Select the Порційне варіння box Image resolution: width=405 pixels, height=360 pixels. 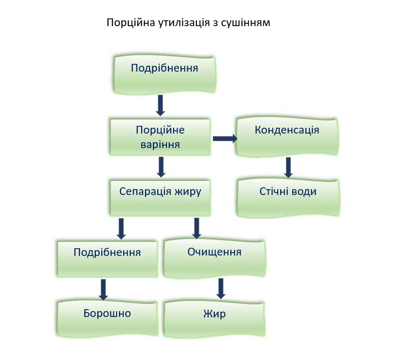pyautogui.click(x=161, y=137)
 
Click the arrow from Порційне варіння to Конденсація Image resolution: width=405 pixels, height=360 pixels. pyautogui.click(x=225, y=139)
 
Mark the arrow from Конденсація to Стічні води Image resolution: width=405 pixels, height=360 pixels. pyautogui.click(x=289, y=167)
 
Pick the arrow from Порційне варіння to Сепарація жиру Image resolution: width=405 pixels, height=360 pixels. pyautogui.click(x=162, y=167)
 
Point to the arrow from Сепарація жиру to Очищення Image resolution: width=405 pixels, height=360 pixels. pyautogui.click(x=197, y=228)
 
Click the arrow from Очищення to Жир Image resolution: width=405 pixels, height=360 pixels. pyautogui.click(x=221, y=288)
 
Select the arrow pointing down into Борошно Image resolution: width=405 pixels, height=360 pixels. pyautogui.click(x=103, y=289)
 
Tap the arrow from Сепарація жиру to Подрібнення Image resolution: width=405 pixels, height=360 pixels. pyautogui.click(x=121, y=228)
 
